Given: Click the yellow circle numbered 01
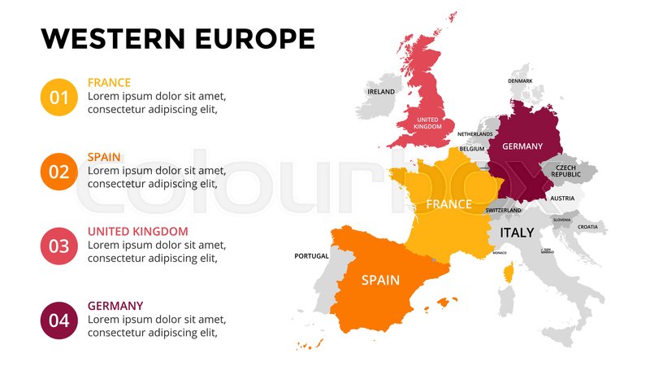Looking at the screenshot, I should [x=59, y=98].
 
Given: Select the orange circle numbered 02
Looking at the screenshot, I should [x=59, y=172].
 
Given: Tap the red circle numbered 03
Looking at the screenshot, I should [x=59, y=246].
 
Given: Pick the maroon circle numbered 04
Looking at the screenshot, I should [x=59, y=320].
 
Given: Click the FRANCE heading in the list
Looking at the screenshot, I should [x=109, y=83].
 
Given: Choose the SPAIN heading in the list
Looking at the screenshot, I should [x=104, y=157].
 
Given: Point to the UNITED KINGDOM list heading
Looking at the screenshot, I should [x=137, y=231].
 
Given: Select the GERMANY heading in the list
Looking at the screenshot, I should [x=115, y=306].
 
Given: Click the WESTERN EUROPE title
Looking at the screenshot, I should [x=178, y=38].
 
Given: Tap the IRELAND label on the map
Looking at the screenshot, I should [x=381, y=92].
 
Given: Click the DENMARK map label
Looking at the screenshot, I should [x=520, y=81].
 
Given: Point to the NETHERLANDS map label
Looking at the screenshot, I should [x=474, y=134].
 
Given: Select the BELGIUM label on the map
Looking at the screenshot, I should [x=472, y=150].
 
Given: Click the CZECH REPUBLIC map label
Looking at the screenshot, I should [x=565, y=171].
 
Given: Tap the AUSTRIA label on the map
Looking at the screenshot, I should [x=561, y=198].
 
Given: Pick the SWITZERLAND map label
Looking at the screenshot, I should [x=503, y=211].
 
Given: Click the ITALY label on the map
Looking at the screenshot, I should [x=517, y=233].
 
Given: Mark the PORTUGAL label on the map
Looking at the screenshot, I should [x=311, y=256].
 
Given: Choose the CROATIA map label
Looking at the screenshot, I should [x=587, y=227].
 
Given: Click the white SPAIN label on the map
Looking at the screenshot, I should [x=380, y=280].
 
